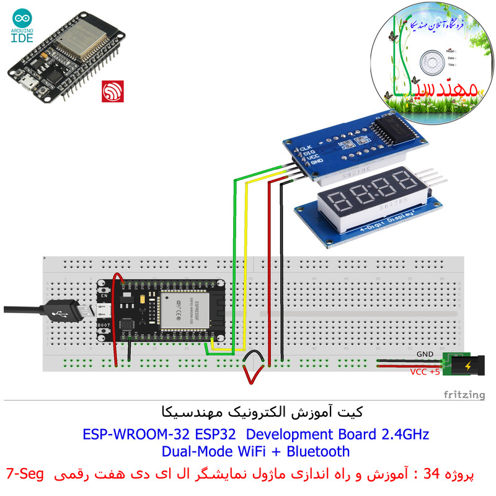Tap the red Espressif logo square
click(x=113, y=92)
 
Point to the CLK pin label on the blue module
click(x=304, y=148)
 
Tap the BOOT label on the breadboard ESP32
click(x=105, y=324)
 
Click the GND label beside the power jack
click(x=425, y=354)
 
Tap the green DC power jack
click(x=458, y=365)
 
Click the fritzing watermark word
click(x=464, y=394)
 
